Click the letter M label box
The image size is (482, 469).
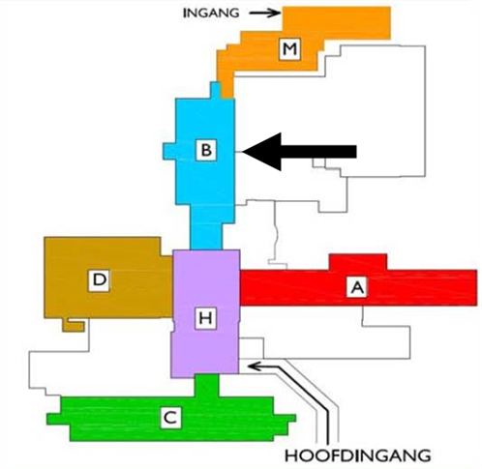(x=289, y=49)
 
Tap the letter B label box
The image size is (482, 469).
(x=206, y=150)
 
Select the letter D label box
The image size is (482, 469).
(x=99, y=280)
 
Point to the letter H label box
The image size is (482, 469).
(x=205, y=318)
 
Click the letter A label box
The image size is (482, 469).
(x=357, y=287)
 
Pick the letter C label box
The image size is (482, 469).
(x=170, y=418)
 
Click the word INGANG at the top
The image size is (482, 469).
(x=211, y=14)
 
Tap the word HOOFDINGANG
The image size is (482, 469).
(x=358, y=455)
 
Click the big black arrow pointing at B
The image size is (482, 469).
(x=299, y=151)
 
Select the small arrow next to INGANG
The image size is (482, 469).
(x=264, y=13)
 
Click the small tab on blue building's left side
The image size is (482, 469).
(x=169, y=151)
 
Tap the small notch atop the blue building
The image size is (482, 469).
(x=216, y=90)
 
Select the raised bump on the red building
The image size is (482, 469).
(x=358, y=262)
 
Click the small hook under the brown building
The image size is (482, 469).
(x=74, y=325)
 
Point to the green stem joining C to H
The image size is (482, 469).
(x=207, y=386)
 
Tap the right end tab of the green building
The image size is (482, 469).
(x=285, y=419)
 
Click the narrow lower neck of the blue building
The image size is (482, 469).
(x=206, y=227)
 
